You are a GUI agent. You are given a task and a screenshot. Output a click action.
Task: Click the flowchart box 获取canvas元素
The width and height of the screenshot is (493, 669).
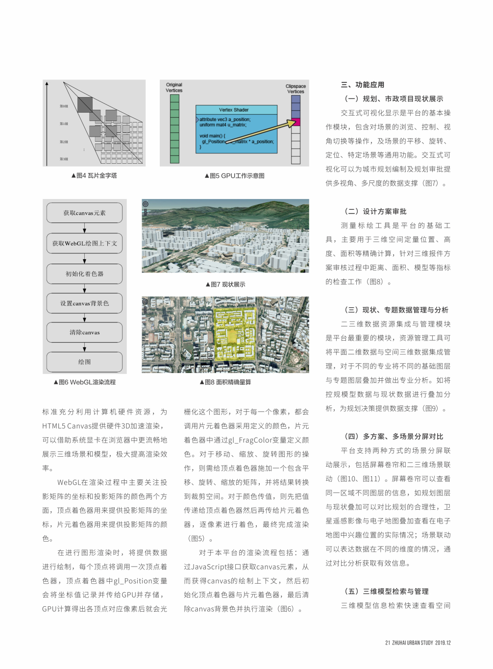[84, 213]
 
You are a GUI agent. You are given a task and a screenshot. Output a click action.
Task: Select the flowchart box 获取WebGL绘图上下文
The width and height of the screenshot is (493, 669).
[84, 244]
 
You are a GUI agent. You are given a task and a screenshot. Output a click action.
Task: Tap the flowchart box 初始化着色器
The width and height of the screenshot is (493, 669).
[84, 274]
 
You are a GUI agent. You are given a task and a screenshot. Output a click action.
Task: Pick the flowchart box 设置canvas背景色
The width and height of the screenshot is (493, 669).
[84, 303]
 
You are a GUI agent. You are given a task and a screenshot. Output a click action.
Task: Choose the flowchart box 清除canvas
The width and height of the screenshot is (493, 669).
[84, 332]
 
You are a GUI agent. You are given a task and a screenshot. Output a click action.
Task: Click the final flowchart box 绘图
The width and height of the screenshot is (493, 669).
[84, 362]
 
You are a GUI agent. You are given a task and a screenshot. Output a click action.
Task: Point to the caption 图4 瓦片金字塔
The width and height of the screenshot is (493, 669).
[94, 175]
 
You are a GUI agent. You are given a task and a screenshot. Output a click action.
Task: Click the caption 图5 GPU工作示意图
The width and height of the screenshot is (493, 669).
[234, 175]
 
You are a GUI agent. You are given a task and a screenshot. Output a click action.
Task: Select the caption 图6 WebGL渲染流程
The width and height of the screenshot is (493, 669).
[85, 382]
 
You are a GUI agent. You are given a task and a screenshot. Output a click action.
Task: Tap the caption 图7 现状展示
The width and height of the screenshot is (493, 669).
[225, 284]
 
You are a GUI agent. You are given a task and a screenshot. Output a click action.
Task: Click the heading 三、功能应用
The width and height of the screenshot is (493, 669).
[363, 85]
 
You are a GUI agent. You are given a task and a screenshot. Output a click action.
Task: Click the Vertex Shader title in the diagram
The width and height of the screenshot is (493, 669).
[234, 110]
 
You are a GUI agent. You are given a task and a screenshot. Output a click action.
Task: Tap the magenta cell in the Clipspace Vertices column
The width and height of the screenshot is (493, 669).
[296, 122]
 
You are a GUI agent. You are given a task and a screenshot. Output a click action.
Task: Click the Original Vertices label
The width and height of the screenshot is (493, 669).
[174, 87]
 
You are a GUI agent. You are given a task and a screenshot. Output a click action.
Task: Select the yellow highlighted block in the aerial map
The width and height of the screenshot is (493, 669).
[234, 332]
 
